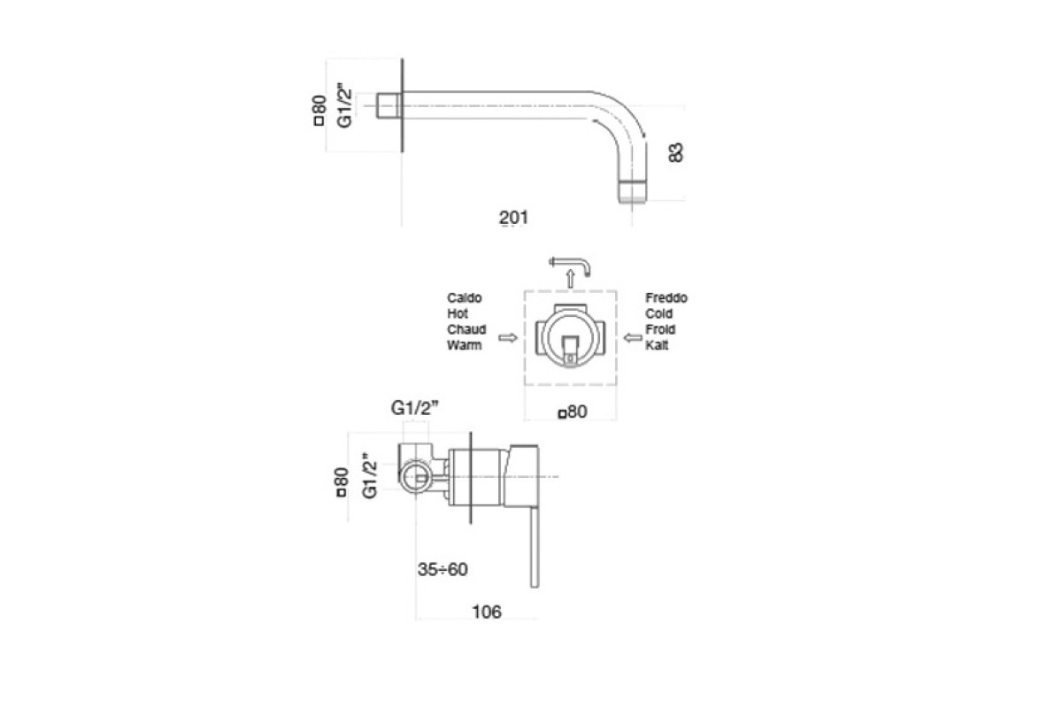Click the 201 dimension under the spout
pos(513,218)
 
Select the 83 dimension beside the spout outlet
pos(675,152)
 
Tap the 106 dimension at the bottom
pos(487,612)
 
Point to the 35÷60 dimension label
pos(442,569)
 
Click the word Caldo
pos(464,298)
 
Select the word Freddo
pos(666,298)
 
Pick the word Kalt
pos(657,345)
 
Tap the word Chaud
pos(466,329)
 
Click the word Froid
pos(660,329)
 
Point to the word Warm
pos(464,345)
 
